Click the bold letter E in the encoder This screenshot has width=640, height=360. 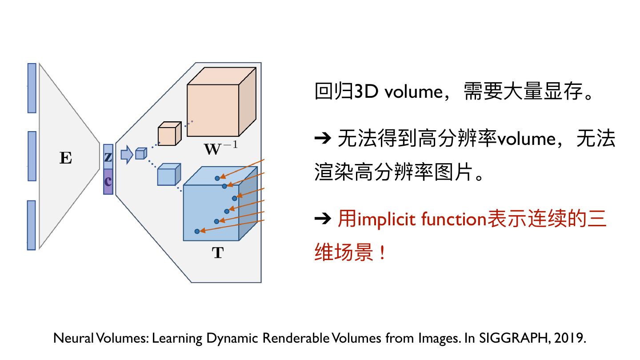pyautogui.click(x=65, y=158)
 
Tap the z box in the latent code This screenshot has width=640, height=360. pyautogui.click(x=108, y=157)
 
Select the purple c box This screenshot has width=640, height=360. pyautogui.click(x=108, y=182)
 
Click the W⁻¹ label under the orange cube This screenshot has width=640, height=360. pyautogui.click(x=220, y=148)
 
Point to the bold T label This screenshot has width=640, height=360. pyautogui.click(x=217, y=253)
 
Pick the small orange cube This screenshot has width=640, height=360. pyautogui.click(x=169, y=134)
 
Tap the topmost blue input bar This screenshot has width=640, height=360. pyautogui.click(x=32, y=88)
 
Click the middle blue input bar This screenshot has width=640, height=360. pyautogui.click(x=32, y=156)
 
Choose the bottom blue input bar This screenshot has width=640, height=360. pyautogui.click(x=32, y=225)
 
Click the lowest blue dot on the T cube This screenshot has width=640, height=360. pyautogui.click(x=197, y=231)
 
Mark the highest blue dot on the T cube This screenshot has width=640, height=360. pyautogui.click(x=217, y=178)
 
